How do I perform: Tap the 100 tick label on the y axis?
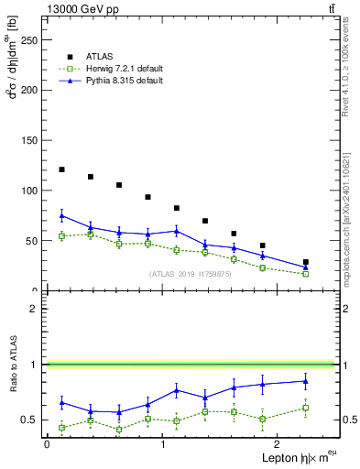[30, 191]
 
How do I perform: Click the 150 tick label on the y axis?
[30, 140]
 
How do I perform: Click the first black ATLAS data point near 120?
[61, 169]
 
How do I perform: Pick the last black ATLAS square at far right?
[305, 262]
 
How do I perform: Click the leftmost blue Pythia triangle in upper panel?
[61, 215]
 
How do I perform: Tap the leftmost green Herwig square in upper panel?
[61, 236]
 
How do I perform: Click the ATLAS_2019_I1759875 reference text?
[190, 274]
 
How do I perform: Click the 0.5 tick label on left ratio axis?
[30, 420]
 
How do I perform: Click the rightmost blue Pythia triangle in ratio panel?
[305, 381]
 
